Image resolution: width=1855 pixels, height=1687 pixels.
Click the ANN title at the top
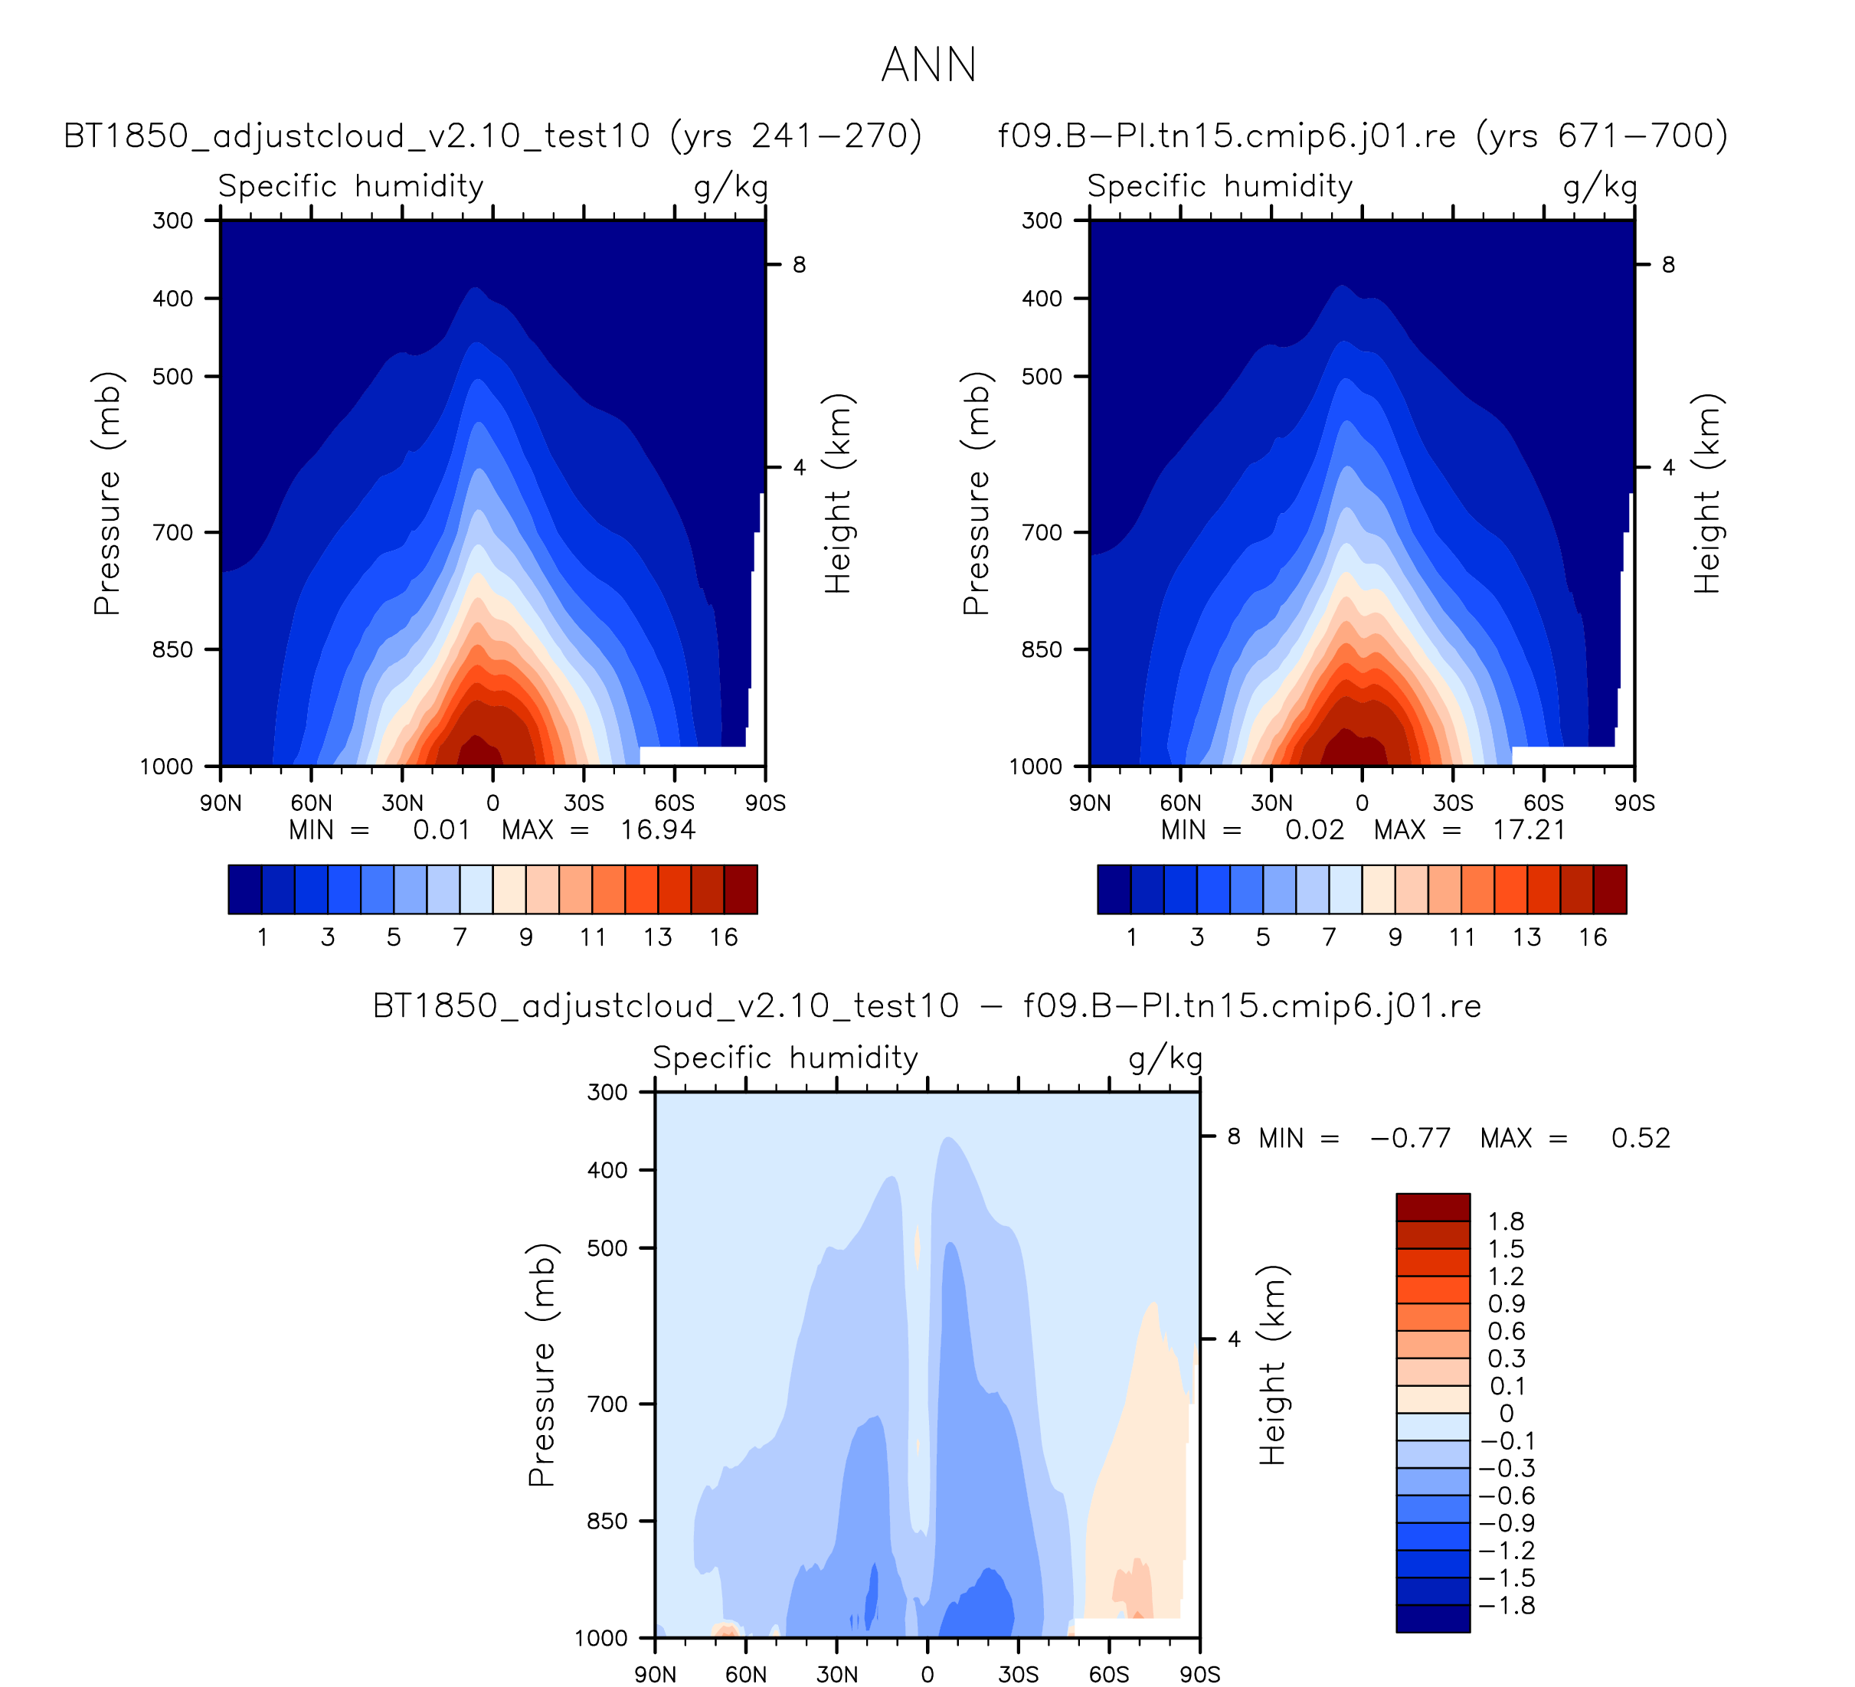click(927, 65)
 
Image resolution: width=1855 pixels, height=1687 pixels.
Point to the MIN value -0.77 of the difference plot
click(1410, 1138)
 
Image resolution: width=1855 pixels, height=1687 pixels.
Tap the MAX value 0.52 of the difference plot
click(1640, 1138)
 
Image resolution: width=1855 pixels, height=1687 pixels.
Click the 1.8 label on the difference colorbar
click(1507, 1221)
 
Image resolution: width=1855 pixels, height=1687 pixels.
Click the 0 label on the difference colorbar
click(1507, 1413)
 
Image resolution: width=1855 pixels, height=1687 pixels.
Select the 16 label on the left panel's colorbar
click(723, 937)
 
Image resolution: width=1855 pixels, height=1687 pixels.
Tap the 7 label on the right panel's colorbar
click(1329, 937)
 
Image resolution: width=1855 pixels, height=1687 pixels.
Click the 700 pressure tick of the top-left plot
click(173, 532)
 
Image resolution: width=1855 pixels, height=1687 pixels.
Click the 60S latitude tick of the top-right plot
click(1543, 803)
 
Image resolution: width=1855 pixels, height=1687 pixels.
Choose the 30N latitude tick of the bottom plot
click(836, 1674)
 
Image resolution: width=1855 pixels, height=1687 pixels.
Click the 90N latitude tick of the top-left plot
click(221, 803)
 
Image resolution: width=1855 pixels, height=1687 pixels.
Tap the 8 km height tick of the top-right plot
click(1667, 265)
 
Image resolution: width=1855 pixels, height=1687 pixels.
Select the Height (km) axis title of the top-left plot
click(836, 493)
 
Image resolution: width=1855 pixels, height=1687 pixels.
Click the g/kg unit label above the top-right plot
click(1599, 187)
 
